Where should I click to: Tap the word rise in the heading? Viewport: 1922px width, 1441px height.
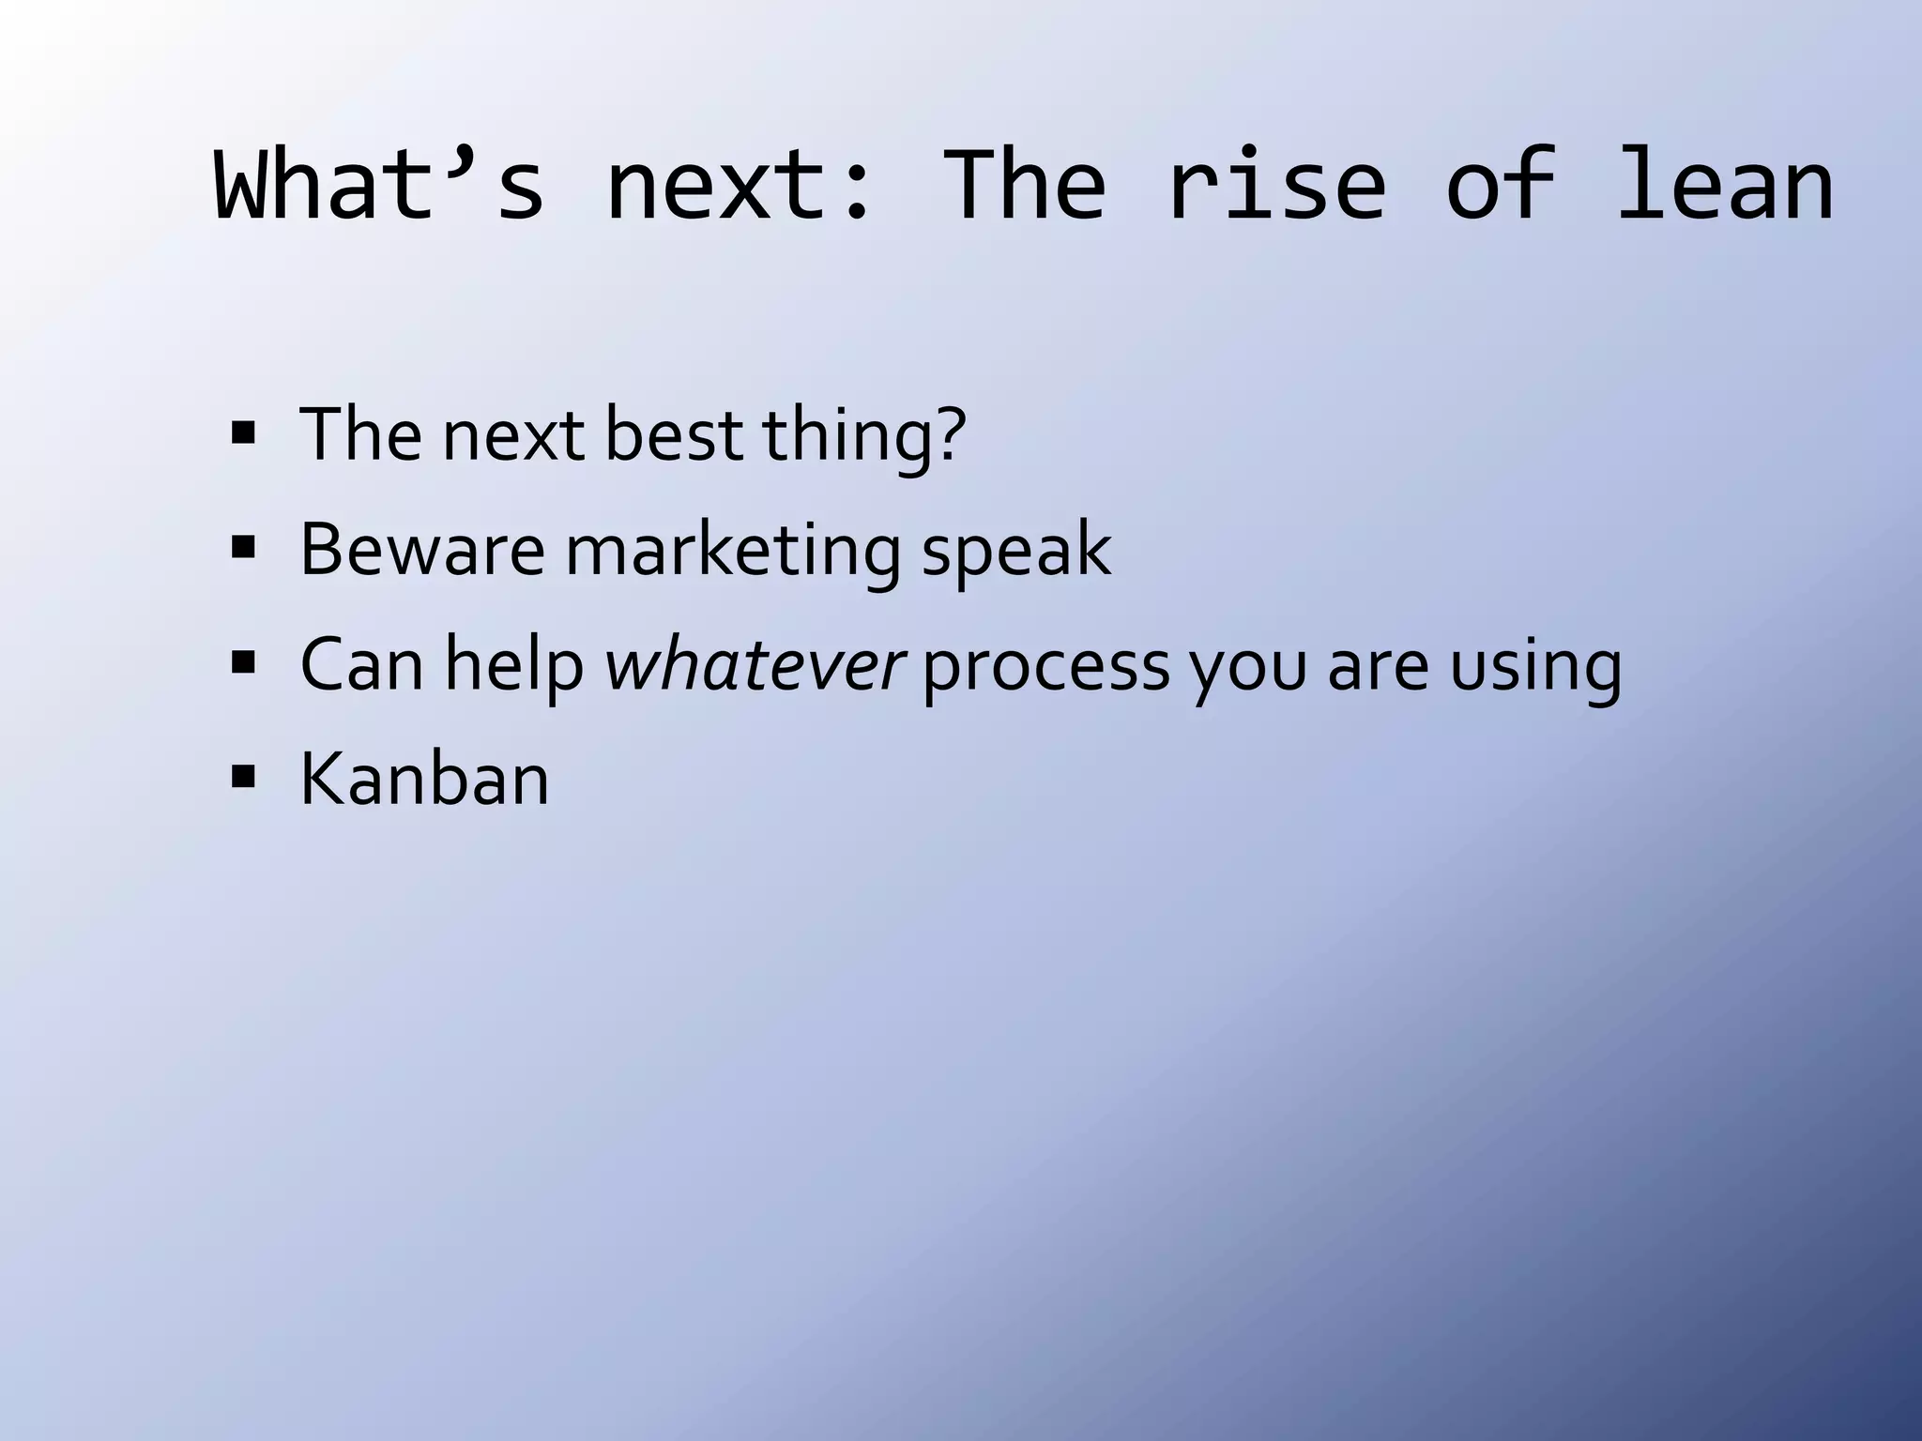pyautogui.click(x=1275, y=186)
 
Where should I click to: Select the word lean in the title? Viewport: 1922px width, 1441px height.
pyautogui.click(x=1725, y=186)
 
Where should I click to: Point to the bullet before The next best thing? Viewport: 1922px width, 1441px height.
pyautogui.click(x=243, y=434)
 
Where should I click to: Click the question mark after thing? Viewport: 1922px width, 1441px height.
pyautogui.click(x=950, y=433)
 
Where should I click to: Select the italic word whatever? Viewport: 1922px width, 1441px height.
pyautogui.click(x=754, y=664)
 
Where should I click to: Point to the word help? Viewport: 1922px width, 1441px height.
pyautogui.click(x=513, y=664)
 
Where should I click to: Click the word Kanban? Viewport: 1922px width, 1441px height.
pyautogui.click(x=424, y=779)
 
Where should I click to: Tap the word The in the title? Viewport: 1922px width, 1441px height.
pyautogui.click(x=1023, y=186)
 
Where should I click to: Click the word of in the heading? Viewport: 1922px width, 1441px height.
pyautogui.click(x=1501, y=186)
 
